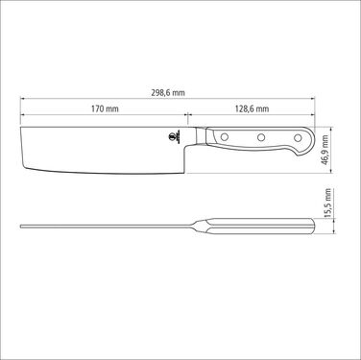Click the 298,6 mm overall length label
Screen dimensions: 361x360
tap(168, 93)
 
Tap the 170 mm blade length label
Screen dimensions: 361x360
tap(105, 108)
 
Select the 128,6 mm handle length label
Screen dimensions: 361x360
tap(252, 108)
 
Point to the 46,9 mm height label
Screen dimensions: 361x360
tap(325, 150)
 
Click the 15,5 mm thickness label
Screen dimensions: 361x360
tap(327, 204)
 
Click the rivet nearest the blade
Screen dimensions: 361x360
tap(225, 137)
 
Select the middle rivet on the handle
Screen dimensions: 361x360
tap(261, 137)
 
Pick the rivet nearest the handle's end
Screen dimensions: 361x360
tap(298, 138)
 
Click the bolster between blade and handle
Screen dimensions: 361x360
tap(201, 135)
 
